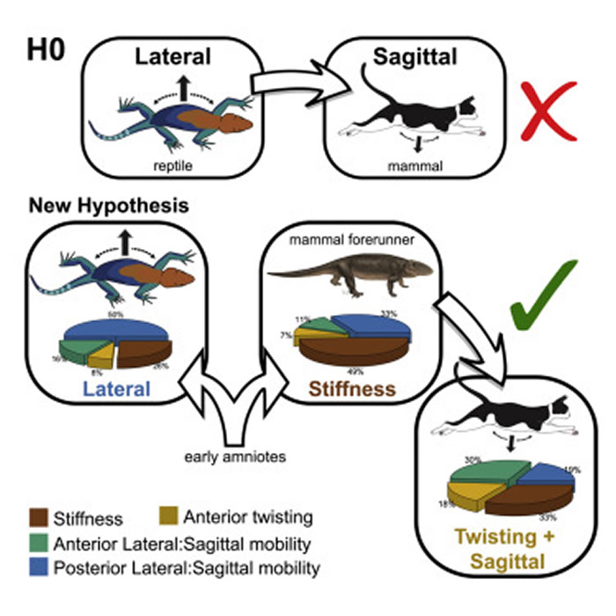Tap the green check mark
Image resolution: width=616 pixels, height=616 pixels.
[546, 296]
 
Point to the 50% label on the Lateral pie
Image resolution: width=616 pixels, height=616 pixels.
[114, 312]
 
